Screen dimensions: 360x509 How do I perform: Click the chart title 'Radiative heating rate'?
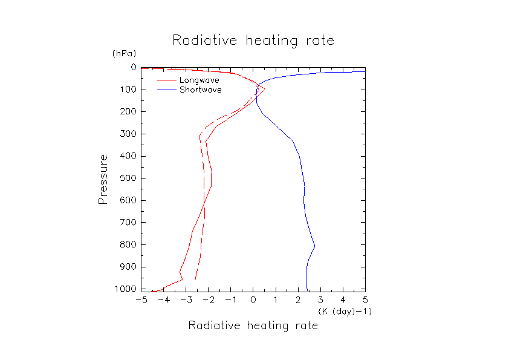click(253, 41)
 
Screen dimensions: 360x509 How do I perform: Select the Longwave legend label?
click(199, 80)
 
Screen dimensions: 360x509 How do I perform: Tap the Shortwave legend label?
click(200, 90)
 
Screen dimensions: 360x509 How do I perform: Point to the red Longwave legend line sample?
click(167, 80)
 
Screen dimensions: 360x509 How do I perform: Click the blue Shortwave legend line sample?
click(167, 90)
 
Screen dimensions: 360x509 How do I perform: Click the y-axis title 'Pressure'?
click(103, 179)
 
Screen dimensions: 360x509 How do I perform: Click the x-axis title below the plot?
click(253, 326)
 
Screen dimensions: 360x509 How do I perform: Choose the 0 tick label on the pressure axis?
click(133, 68)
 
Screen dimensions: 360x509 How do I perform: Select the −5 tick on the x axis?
click(141, 299)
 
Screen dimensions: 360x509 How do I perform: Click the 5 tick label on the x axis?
click(365, 299)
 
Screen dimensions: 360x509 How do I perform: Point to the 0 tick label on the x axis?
click(253, 299)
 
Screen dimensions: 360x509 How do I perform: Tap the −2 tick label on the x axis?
click(208, 299)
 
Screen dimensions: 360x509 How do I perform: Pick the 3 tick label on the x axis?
click(320, 299)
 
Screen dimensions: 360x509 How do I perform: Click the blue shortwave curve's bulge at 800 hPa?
click(314, 246)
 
